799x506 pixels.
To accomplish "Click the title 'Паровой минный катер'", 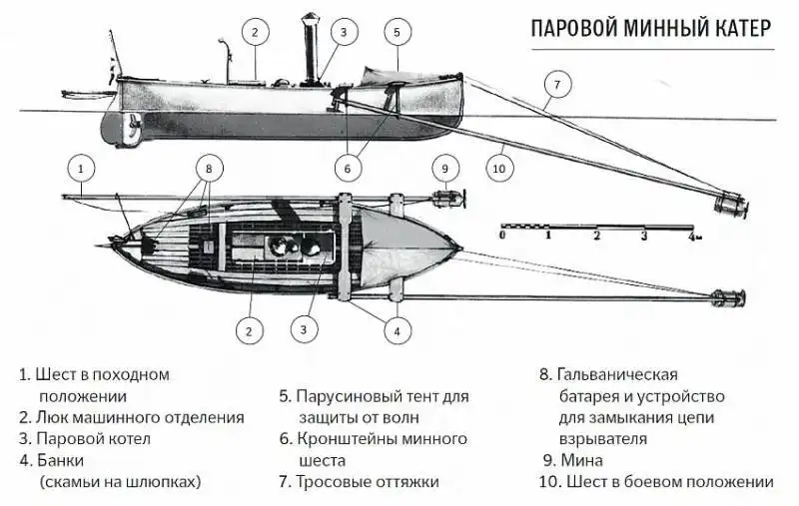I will click(x=649, y=30).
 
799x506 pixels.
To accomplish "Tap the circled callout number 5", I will click(x=397, y=33).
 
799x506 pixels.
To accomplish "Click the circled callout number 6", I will click(x=347, y=168).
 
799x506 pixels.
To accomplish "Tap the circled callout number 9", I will click(x=446, y=168).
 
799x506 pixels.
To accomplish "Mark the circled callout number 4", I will click(x=397, y=331).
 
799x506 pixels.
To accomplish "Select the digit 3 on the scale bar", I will click(x=643, y=238).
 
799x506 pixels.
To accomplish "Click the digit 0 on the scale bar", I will click(x=502, y=238).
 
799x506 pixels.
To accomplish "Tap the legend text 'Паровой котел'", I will click(x=93, y=439).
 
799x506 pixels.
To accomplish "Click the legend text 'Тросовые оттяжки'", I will click(x=368, y=482).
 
